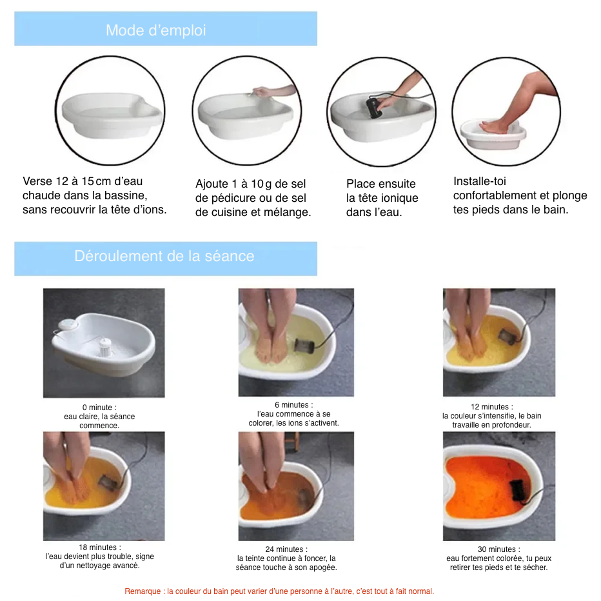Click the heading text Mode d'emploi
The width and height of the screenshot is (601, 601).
click(x=155, y=30)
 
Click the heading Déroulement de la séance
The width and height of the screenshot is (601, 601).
click(x=164, y=256)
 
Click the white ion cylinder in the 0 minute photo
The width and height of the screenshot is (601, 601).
click(x=104, y=347)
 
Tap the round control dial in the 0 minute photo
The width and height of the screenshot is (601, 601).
click(x=68, y=325)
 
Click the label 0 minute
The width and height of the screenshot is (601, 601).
click(x=99, y=408)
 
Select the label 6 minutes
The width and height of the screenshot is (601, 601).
click(x=293, y=405)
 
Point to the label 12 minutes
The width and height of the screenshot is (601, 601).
click(x=492, y=407)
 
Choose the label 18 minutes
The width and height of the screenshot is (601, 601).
click(x=100, y=547)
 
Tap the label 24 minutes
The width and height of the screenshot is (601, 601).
click(x=286, y=549)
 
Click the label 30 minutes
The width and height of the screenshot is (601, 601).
click(x=498, y=549)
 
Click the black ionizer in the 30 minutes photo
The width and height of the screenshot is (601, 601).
click(x=518, y=491)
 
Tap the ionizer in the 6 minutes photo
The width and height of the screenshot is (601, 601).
click(x=304, y=346)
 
